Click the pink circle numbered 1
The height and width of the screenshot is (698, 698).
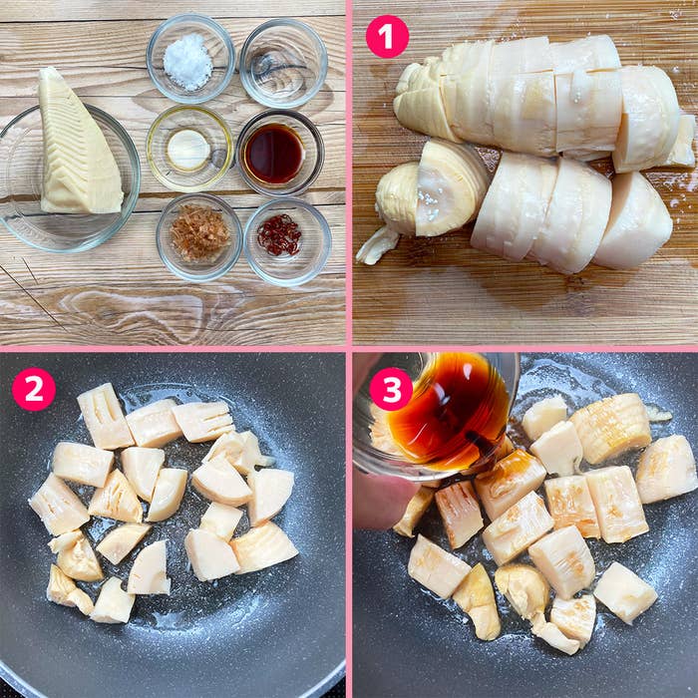[387, 37]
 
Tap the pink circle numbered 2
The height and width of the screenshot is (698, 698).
[33, 389]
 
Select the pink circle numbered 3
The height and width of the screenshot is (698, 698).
[391, 389]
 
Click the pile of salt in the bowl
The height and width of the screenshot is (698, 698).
[187, 62]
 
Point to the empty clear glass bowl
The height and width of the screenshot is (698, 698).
[283, 62]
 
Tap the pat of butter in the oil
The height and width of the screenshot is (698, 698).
[188, 150]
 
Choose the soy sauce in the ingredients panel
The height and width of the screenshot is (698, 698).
[274, 154]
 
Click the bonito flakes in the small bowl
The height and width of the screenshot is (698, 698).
[199, 232]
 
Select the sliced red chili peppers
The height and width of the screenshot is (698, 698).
[279, 234]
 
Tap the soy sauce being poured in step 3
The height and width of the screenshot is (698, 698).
[450, 410]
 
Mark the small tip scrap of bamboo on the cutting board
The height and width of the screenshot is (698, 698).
[377, 246]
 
